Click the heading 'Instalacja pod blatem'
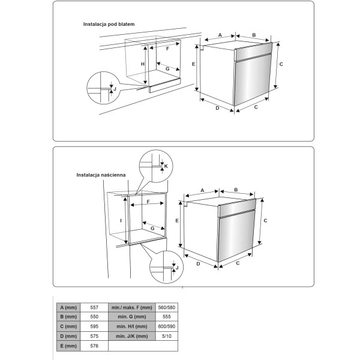coord(109,24)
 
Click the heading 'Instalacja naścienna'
coord(101,175)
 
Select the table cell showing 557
coord(94,307)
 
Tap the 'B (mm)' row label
coord(68,317)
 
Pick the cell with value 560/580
coord(167,307)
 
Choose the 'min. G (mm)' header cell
coord(132,317)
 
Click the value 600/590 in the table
coord(167,326)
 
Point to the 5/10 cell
coord(167,336)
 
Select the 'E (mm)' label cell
coord(68,346)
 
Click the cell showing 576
coord(94,346)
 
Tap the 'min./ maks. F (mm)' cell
coord(132,307)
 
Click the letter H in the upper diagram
coord(143,64)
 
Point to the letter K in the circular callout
coord(166,166)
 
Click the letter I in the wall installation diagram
coord(121,221)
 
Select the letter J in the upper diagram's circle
coord(115,89)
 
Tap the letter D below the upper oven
coord(217,108)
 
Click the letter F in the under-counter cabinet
coord(167,49)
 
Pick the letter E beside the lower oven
coord(177,221)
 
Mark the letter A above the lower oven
coord(202,190)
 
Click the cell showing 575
coord(94,336)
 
